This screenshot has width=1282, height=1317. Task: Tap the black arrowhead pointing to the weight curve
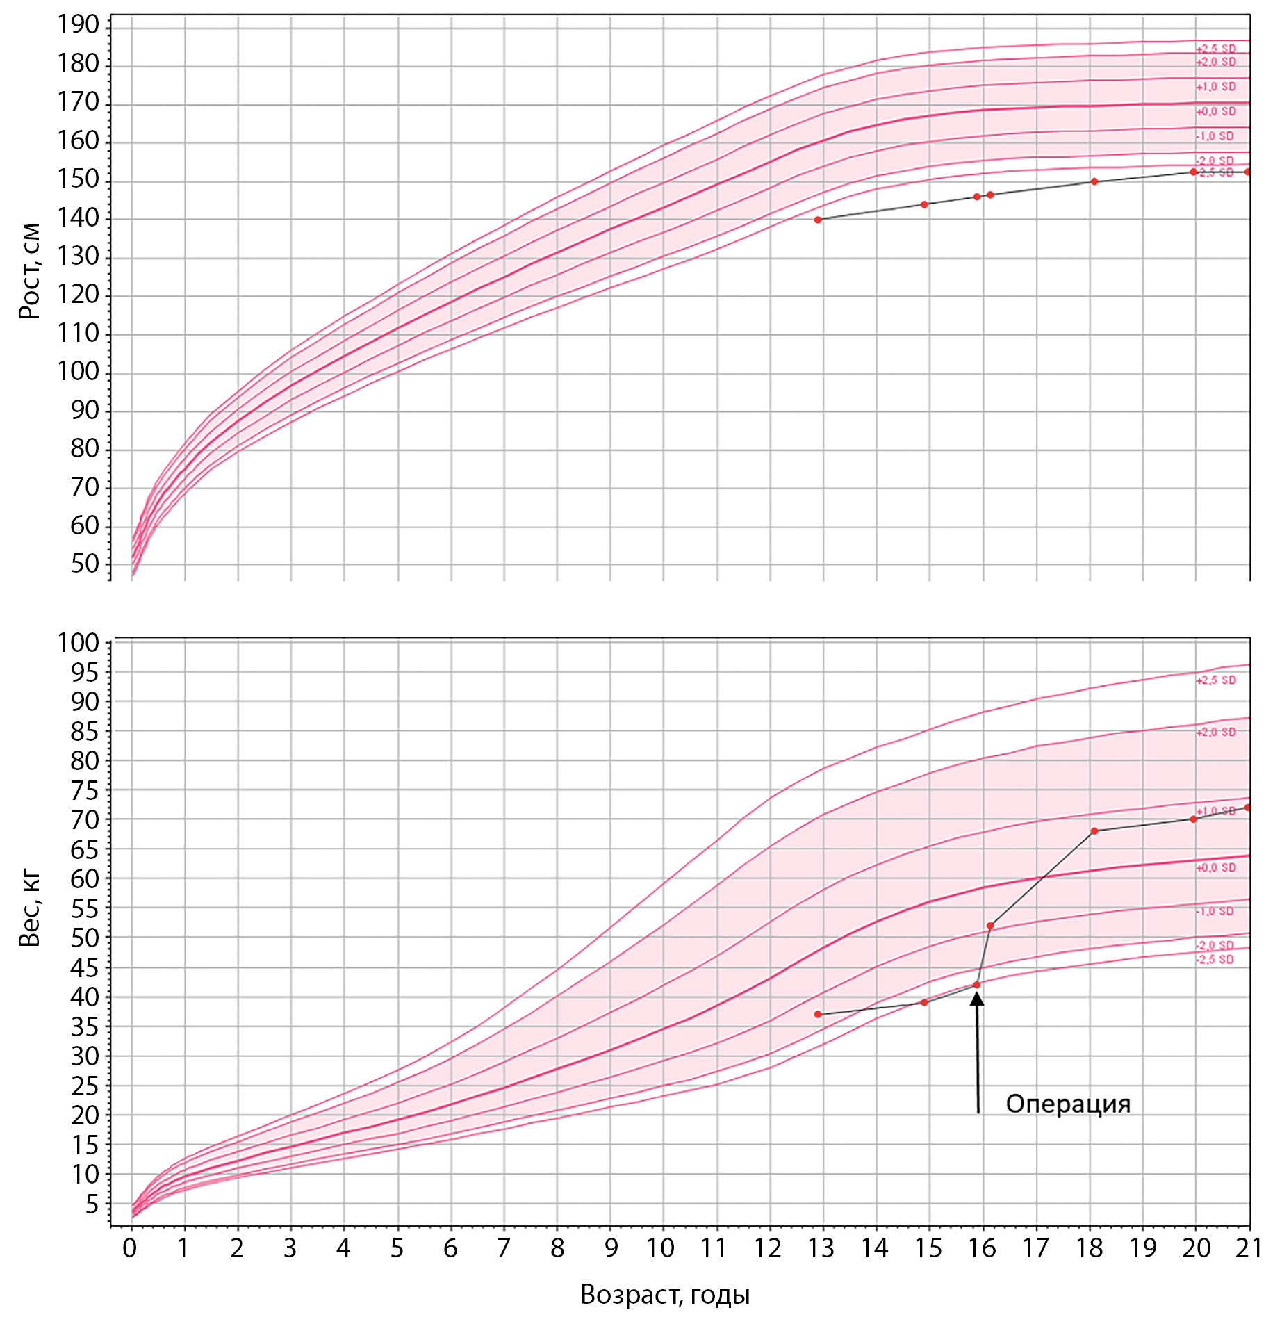977,999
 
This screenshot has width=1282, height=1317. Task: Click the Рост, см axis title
30,271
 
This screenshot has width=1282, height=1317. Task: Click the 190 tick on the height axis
78,26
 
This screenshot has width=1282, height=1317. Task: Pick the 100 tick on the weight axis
78,643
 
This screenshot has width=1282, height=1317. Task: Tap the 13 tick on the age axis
821,1249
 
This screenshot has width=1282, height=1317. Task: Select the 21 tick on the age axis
1249,1249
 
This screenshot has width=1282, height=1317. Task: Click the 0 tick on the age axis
130,1249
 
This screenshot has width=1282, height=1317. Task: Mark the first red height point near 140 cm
818,220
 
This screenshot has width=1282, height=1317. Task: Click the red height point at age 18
1094,181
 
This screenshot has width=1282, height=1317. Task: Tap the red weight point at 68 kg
1094,831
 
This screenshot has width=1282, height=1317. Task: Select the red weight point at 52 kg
990,926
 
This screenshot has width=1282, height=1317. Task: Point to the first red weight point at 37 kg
818,1014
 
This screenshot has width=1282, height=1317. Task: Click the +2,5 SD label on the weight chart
1216,680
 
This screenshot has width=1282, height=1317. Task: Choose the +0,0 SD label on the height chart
1216,112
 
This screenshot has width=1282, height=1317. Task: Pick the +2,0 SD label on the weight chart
1216,733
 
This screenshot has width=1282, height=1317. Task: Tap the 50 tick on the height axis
84,564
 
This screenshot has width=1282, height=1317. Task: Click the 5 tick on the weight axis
92,1204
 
